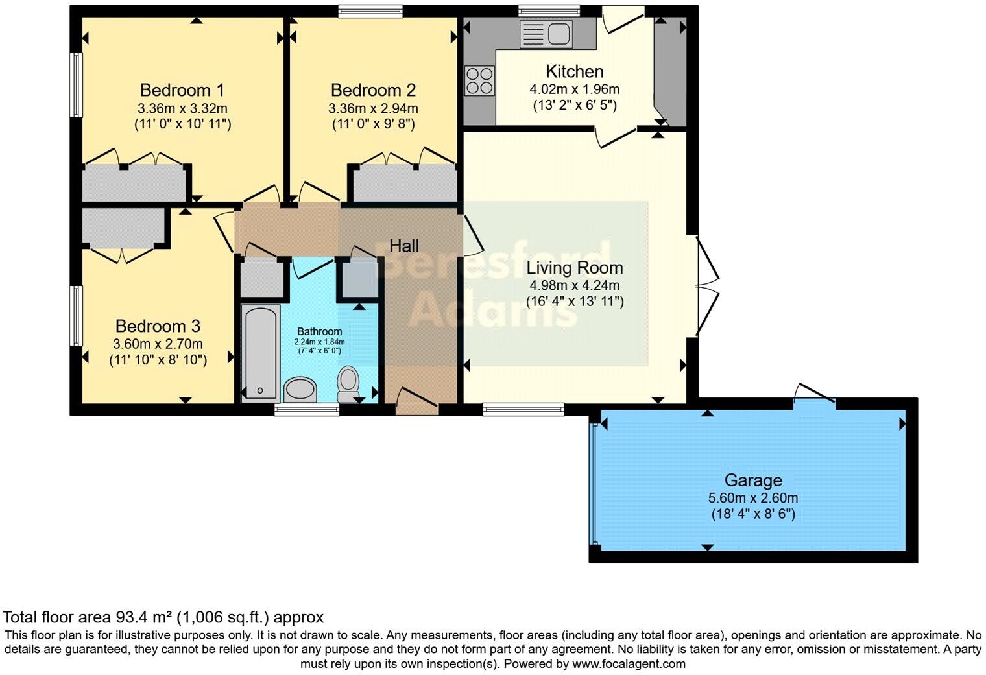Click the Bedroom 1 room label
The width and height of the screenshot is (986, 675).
[x=182, y=89]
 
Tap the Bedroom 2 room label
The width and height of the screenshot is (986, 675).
[x=373, y=89]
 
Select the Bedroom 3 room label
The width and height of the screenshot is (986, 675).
[x=158, y=326]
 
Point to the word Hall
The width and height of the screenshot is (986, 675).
[x=404, y=246]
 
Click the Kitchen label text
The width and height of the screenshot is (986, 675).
[x=575, y=71]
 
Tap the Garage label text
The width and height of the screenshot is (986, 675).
[x=753, y=480]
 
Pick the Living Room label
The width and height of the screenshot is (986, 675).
[x=575, y=268]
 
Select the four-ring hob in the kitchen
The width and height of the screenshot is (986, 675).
[x=479, y=81]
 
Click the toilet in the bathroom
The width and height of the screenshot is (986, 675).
[x=348, y=385]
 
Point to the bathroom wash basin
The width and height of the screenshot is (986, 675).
[x=300, y=390]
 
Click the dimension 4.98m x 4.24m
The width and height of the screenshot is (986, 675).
[x=575, y=285]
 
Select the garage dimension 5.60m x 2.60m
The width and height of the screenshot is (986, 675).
[x=753, y=498]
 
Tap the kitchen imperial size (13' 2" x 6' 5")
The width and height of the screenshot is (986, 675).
[x=575, y=105]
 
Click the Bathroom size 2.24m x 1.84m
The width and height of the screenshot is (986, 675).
[x=320, y=342]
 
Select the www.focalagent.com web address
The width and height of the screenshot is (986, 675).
[x=629, y=664]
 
